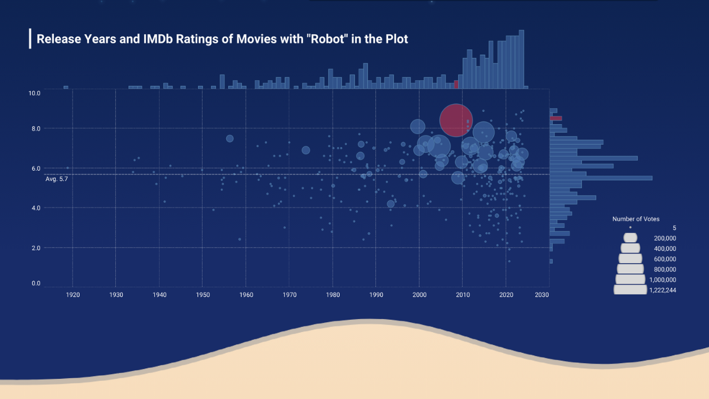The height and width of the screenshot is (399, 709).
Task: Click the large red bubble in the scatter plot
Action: (456, 120)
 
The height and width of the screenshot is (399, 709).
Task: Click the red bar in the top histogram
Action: (456, 85)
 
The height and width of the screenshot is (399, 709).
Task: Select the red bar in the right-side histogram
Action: (556, 118)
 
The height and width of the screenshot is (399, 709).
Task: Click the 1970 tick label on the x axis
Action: (289, 294)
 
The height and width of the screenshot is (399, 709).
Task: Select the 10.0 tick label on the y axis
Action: (34, 93)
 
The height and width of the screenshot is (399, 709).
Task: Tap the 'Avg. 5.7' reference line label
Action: (57, 179)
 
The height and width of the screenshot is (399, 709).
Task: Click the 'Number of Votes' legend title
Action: (636, 219)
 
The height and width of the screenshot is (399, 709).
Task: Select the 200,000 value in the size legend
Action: (665, 238)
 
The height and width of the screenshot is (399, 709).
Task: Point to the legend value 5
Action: (674, 228)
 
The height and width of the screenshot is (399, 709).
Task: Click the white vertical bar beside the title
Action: (30, 38)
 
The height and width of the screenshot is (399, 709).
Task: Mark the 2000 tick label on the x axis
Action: (419, 294)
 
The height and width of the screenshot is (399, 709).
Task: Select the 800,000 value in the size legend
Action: (665, 270)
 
